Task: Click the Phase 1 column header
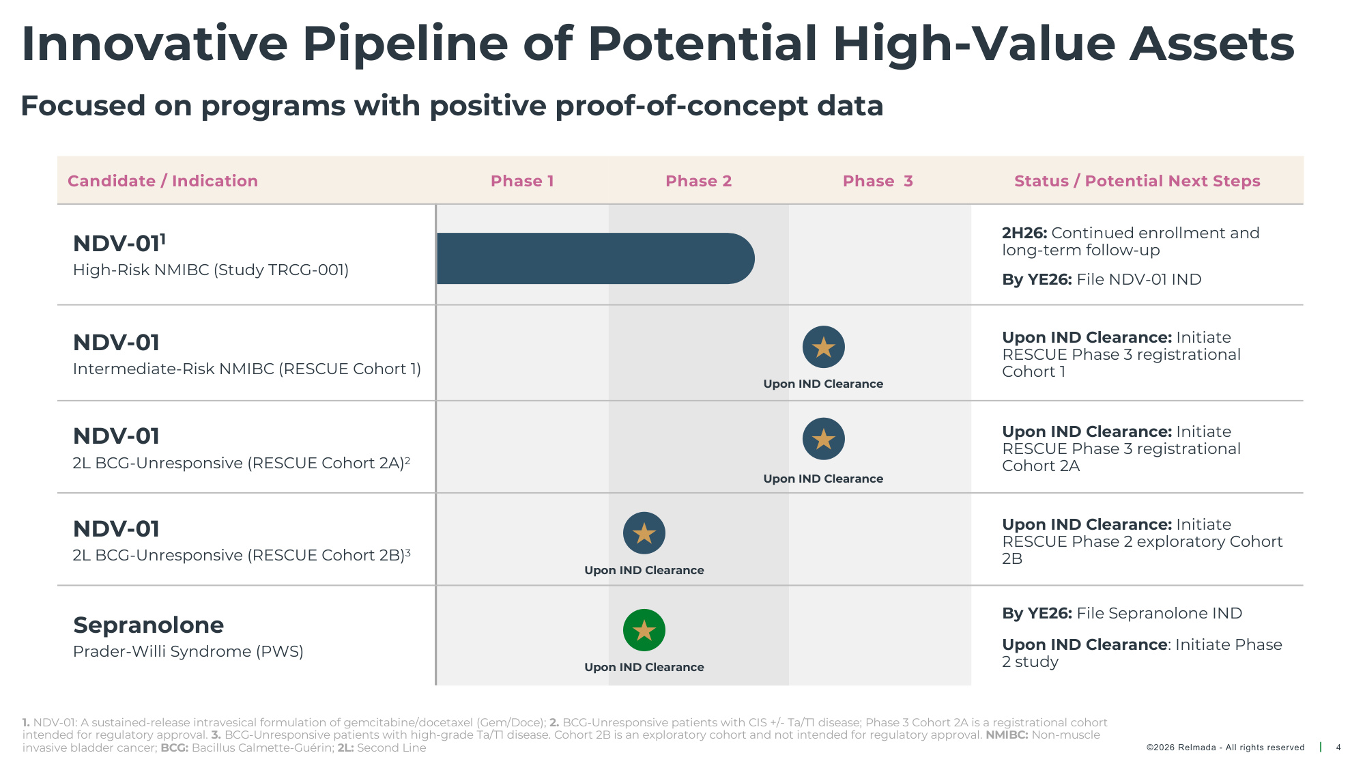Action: (x=522, y=181)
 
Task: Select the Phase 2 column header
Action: (x=698, y=181)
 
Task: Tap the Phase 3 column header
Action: (x=878, y=181)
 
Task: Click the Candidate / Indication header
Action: (x=162, y=181)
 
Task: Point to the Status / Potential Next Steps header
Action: (x=1137, y=181)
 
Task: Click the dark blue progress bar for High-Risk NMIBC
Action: (x=595, y=258)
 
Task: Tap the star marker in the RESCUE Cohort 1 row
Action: (x=824, y=347)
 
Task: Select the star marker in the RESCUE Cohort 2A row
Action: (x=824, y=439)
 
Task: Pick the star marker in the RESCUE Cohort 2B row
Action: (x=644, y=533)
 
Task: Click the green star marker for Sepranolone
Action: (x=644, y=630)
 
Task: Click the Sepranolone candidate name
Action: (x=149, y=625)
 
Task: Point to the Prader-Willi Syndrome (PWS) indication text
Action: (x=188, y=651)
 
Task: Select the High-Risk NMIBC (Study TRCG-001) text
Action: (x=211, y=270)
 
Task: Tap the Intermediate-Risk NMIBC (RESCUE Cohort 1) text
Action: (x=247, y=369)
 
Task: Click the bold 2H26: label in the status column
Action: (x=1024, y=233)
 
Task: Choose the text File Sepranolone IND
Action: (x=1160, y=613)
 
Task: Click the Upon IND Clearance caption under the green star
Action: (x=644, y=667)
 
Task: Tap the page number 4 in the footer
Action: (x=1338, y=748)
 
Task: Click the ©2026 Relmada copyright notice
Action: (x=1226, y=748)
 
